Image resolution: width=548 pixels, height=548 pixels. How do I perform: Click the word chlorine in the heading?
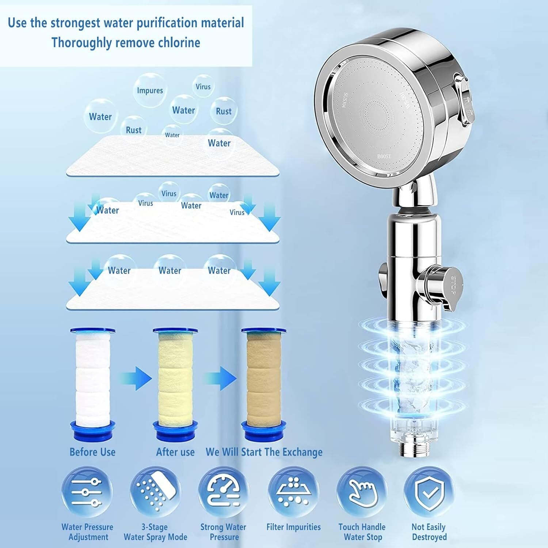click(179, 42)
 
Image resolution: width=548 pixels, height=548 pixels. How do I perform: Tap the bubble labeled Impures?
click(150, 90)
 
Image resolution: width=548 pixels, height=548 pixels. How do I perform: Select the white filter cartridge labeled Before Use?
click(93, 384)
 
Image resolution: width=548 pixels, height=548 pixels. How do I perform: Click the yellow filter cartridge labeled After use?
click(175, 384)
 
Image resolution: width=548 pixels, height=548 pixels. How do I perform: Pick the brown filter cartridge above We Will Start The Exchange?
click(264, 384)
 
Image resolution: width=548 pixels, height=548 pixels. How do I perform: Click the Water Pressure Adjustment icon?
click(87, 492)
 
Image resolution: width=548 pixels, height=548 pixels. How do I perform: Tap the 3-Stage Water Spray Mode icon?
click(155, 492)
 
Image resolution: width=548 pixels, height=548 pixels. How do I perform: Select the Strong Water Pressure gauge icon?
click(223, 492)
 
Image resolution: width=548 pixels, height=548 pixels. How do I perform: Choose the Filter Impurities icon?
click(293, 492)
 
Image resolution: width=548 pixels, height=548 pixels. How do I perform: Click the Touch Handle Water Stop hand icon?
click(362, 492)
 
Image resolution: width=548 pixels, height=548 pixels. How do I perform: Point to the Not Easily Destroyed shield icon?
click(429, 492)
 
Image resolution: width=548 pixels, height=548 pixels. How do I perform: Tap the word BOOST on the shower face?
click(384, 156)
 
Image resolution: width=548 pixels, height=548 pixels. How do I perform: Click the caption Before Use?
click(92, 452)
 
